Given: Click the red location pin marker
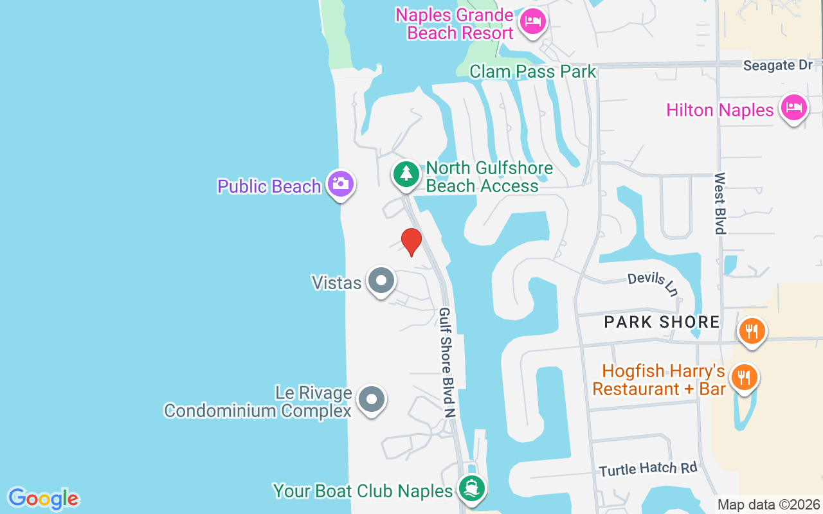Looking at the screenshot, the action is (411, 242).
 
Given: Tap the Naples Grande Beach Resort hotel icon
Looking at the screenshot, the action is (532, 22).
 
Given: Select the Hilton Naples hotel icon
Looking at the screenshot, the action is (793, 108).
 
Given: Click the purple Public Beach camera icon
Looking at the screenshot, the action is (340, 184).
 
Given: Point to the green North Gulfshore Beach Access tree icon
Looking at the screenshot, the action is (406, 174).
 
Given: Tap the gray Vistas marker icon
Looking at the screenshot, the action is (381, 281).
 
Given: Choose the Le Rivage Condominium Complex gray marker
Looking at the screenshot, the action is (371, 400).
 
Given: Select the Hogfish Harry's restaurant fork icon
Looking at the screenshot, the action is (744, 377).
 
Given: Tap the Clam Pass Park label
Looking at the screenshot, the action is (533, 71).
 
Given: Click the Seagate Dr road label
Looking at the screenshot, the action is (777, 66).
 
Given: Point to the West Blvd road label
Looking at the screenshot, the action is (720, 203).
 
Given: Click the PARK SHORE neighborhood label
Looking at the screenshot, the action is (662, 322).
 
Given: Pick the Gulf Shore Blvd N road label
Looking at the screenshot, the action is (447, 362).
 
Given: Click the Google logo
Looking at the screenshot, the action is (43, 499).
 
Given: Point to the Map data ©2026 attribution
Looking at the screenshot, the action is (768, 505).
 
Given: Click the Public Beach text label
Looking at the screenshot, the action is (269, 186).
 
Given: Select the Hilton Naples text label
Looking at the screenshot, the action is (719, 110).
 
